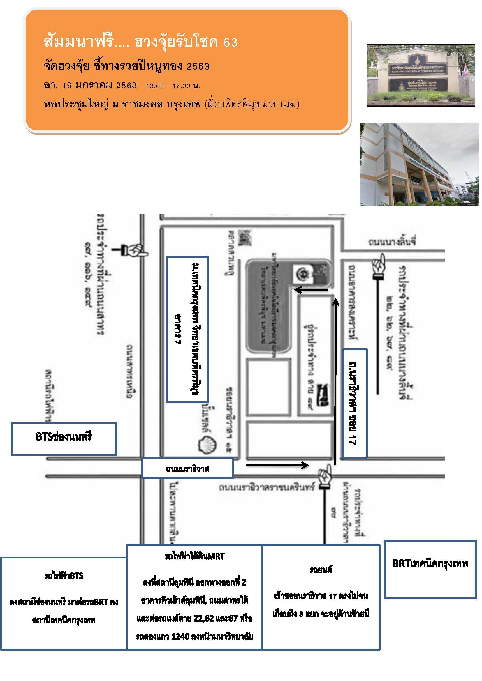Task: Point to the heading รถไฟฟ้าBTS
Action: (64, 576)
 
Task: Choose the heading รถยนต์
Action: (321, 569)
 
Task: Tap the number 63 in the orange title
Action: (230, 43)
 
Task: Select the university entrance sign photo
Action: (421, 75)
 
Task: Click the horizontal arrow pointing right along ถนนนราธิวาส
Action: (277, 465)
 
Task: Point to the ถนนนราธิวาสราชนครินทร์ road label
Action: (266, 487)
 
